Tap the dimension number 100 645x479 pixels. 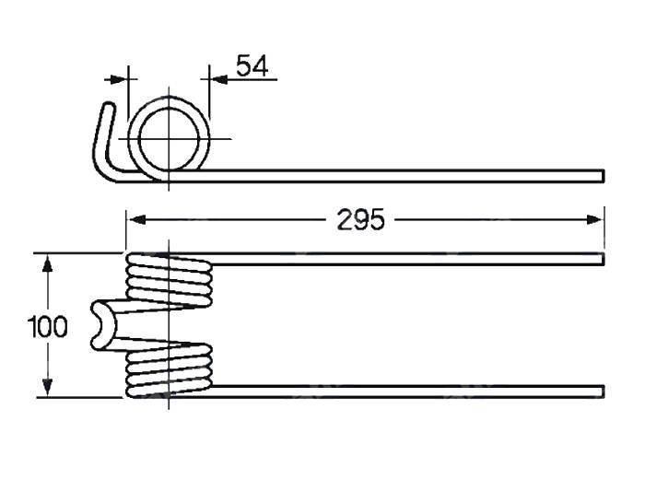(49, 326)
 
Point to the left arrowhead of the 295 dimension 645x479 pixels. (134, 220)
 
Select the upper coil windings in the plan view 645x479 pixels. (169, 280)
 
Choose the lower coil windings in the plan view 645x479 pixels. (169, 369)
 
